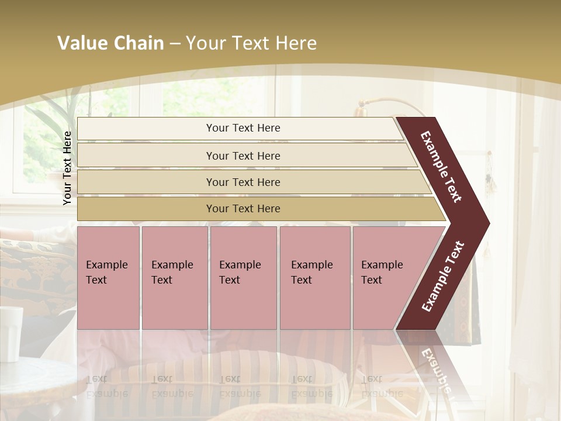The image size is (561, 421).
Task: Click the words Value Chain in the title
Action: pos(110,43)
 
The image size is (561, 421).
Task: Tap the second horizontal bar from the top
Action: pos(243,156)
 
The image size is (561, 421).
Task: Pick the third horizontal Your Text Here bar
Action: pos(243,182)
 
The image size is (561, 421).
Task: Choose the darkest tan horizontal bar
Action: pos(243,209)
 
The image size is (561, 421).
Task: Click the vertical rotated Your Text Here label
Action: pos(67,168)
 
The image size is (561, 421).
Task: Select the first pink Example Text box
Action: pos(108,278)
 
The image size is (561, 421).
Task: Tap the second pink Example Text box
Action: pos(175,278)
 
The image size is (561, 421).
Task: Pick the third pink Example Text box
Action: pos(243,278)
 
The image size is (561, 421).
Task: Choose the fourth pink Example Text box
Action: pos(315,278)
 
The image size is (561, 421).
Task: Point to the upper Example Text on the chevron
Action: pos(441,167)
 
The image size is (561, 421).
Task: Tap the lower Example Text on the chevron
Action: pos(443,277)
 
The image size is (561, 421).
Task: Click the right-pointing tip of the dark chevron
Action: pos(486,223)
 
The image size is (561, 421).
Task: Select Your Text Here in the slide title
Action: pos(251,43)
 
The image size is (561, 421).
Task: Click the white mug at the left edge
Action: pos(11,333)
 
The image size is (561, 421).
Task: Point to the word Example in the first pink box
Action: pos(106,265)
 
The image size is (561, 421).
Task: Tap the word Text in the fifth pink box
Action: pos(371,280)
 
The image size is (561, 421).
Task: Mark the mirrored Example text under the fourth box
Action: pos(311,393)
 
